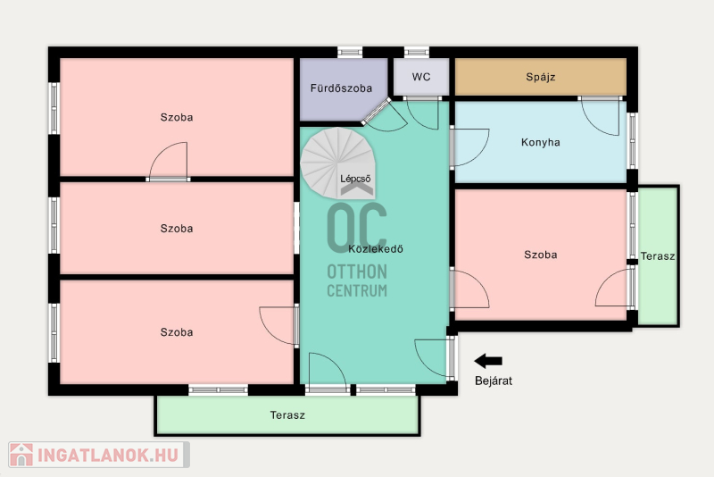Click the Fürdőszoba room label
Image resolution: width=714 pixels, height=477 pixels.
coord(341,88)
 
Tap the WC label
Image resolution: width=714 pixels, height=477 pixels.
coord(421,77)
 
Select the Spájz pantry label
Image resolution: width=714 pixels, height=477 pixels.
coord(541,77)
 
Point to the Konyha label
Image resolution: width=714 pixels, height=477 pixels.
coord(541,142)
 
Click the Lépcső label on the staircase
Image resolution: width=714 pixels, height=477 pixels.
coord(355,179)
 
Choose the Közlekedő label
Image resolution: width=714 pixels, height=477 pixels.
coord(376,248)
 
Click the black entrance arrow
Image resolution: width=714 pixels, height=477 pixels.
coord(488,361)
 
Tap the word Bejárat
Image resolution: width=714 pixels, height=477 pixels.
coord(494,381)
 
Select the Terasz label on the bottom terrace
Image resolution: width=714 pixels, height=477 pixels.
coord(287,415)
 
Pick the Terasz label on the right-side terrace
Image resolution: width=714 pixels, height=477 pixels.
coord(658,256)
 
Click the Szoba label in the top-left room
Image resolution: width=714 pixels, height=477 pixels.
coord(177,117)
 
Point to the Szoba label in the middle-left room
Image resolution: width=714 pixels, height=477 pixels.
coord(177,229)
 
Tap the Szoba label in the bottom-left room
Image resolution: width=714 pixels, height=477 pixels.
coord(177,332)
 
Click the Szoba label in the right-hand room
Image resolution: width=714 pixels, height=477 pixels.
coord(541,255)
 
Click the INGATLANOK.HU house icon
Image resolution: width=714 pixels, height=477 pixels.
coord(21,455)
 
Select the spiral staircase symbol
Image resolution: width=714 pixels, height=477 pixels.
coord(337,163)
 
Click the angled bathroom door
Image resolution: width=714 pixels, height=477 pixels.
coord(377,111)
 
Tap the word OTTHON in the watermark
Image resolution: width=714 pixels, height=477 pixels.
coord(357,272)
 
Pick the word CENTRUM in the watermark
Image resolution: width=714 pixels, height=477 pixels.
coord(357,290)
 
